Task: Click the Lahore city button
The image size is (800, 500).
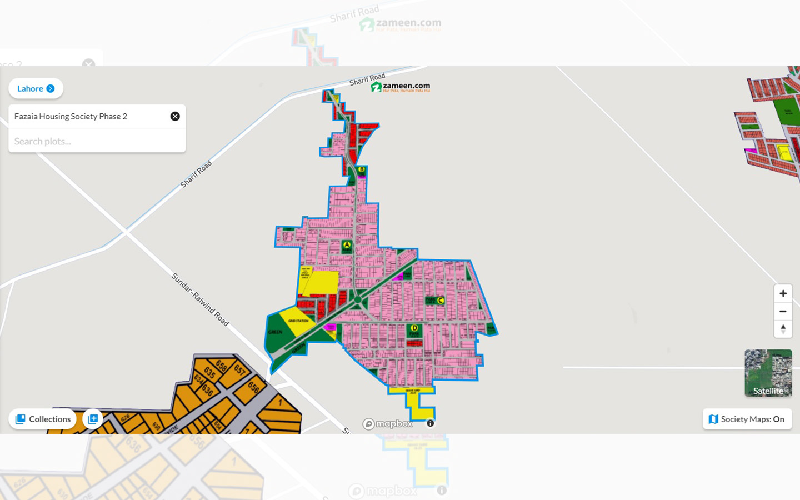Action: tap(36, 88)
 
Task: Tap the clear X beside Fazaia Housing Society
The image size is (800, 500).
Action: tap(175, 116)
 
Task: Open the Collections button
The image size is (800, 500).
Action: tap(43, 419)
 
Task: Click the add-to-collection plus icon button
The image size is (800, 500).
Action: tap(93, 419)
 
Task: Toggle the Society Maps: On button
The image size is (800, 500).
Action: tap(747, 419)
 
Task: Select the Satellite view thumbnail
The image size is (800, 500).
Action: tap(768, 373)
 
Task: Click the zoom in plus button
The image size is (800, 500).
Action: tap(783, 293)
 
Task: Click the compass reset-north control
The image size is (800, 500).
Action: tap(783, 329)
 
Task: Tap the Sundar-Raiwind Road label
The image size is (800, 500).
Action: tap(200, 299)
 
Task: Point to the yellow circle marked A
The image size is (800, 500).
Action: tap(347, 244)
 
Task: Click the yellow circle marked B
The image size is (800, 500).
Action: tap(362, 169)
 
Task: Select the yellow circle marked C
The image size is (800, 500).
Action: tap(441, 301)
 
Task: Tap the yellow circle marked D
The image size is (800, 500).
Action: tap(414, 328)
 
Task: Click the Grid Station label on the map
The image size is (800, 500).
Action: tap(298, 321)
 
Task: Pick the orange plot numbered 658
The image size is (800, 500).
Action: tap(221, 365)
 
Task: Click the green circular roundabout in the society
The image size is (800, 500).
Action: tap(358, 300)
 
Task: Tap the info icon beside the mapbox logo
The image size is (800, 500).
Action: tap(431, 423)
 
